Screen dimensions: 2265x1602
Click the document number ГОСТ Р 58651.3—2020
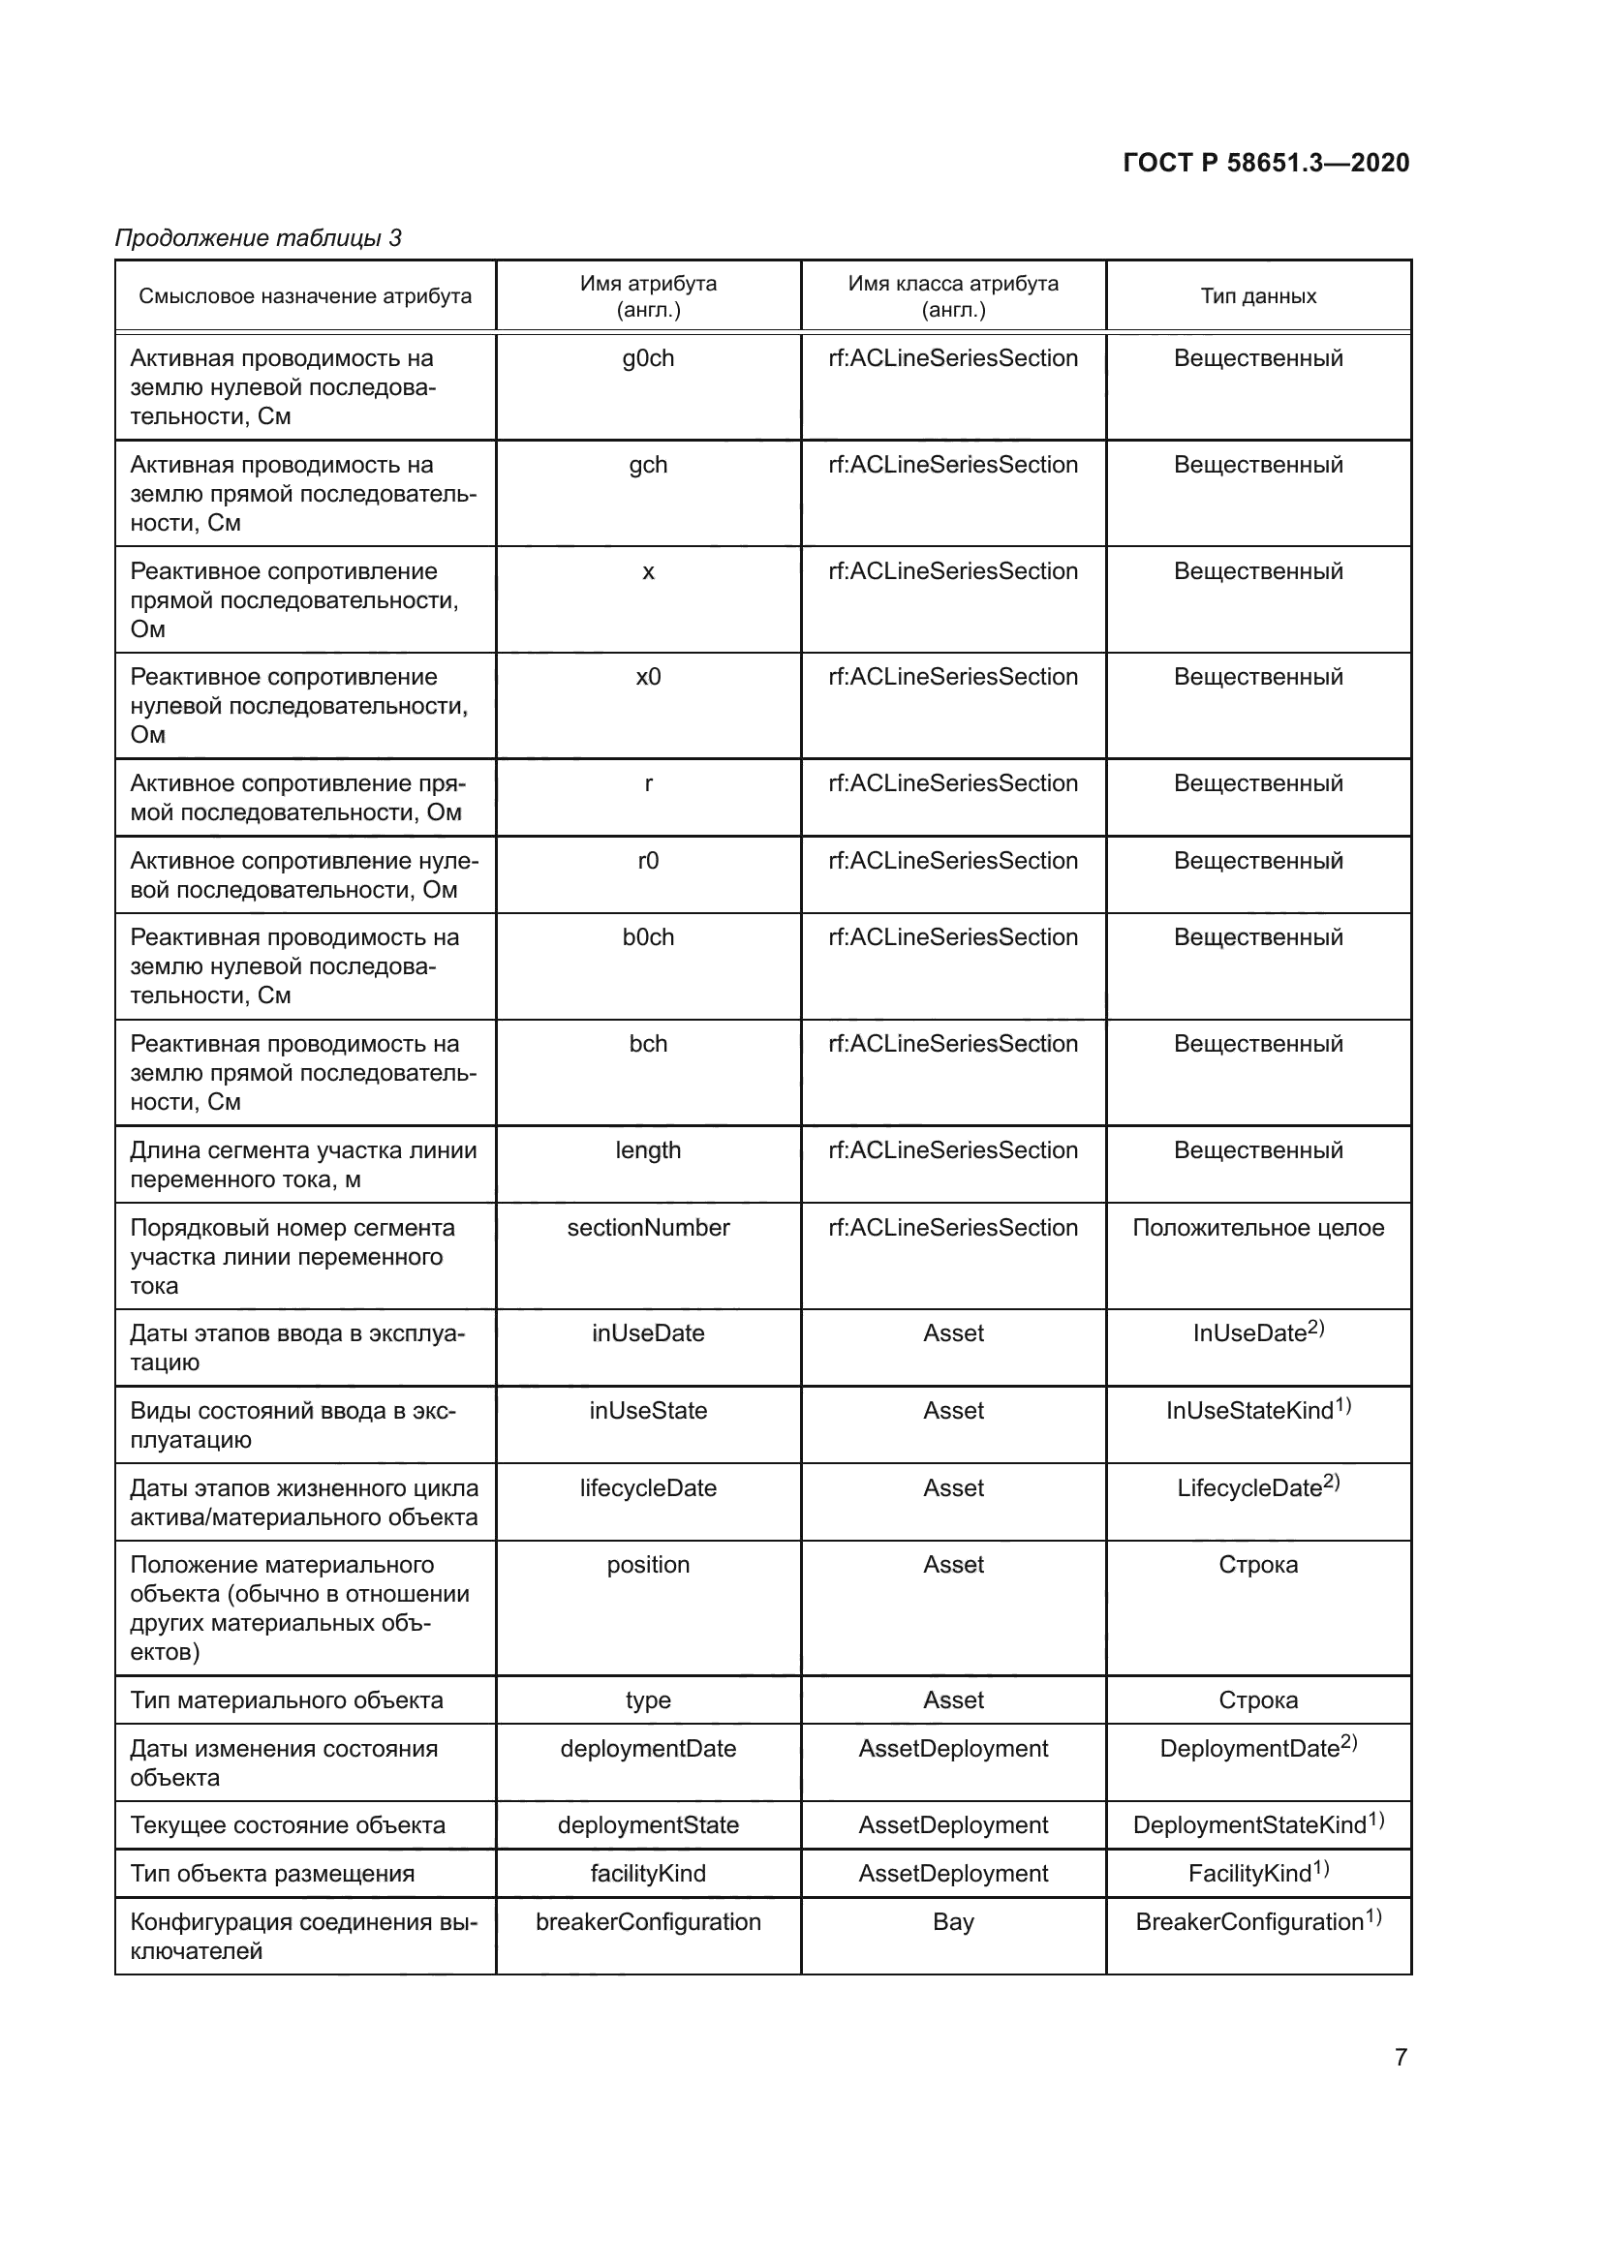click(x=1266, y=163)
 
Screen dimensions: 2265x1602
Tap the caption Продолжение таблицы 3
click(x=259, y=238)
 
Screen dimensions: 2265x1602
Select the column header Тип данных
click(x=1258, y=296)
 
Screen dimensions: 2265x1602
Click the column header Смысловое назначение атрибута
click(x=305, y=296)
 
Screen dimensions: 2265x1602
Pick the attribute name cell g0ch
click(x=648, y=358)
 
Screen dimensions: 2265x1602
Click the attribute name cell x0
click(x=648, y=677)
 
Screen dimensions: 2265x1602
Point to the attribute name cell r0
click(x=648, y=860)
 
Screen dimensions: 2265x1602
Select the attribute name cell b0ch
click(x=648, y=937)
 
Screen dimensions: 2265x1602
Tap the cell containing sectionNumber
click(x=648, y=1227)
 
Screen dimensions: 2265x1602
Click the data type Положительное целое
click(x=1258, y=1227)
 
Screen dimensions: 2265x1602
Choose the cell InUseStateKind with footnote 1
click(x=1258, y=1411)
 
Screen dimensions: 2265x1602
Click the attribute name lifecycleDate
click(x=648, y=1487)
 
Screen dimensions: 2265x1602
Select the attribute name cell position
click(x=648, y=1565)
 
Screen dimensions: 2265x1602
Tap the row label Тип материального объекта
click(x=287, y=1699)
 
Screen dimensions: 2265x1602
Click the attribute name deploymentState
click(x=648, y=1825)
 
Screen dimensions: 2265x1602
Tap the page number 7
click(x=1401, y=2057)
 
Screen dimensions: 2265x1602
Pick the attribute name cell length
click(x=648, y=1150)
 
